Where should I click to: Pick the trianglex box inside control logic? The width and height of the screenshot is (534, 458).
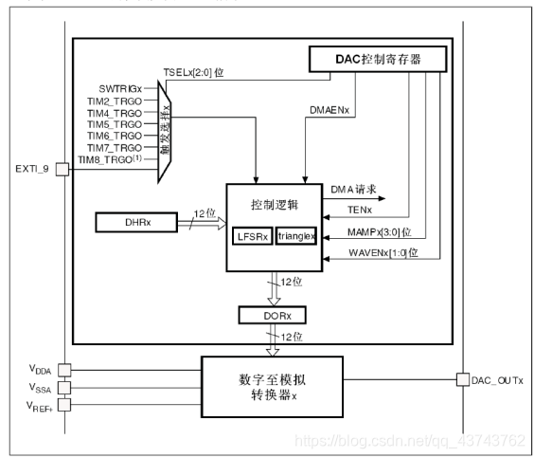(295, 235)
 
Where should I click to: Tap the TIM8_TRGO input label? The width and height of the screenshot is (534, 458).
(118, 159)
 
